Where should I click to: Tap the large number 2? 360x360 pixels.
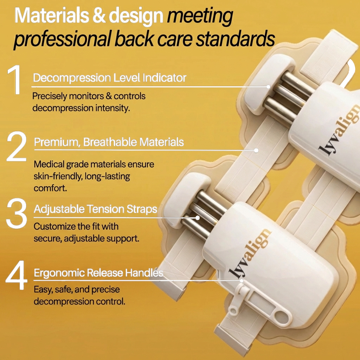(x=17, y=146)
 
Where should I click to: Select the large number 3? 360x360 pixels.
(x=17, y=213)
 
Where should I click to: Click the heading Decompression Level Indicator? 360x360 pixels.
(x=110, y=78)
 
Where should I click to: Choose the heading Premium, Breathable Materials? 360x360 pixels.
(x=109, y=142)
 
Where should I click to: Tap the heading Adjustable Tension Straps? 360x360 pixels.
(x=96, y=209)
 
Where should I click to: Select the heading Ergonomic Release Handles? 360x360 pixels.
(x=98, y=273)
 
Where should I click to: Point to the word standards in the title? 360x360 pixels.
(x=235, y=39)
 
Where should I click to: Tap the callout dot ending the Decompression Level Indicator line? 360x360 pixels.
(x=268, y=86)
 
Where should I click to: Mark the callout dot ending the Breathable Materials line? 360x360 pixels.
(x=256, y=150)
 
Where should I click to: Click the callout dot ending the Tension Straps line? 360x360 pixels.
(x=197, y=218)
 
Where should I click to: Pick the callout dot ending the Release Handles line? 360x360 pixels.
(x=241, y=281)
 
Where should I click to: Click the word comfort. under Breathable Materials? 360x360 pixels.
(x=50, y=188)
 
